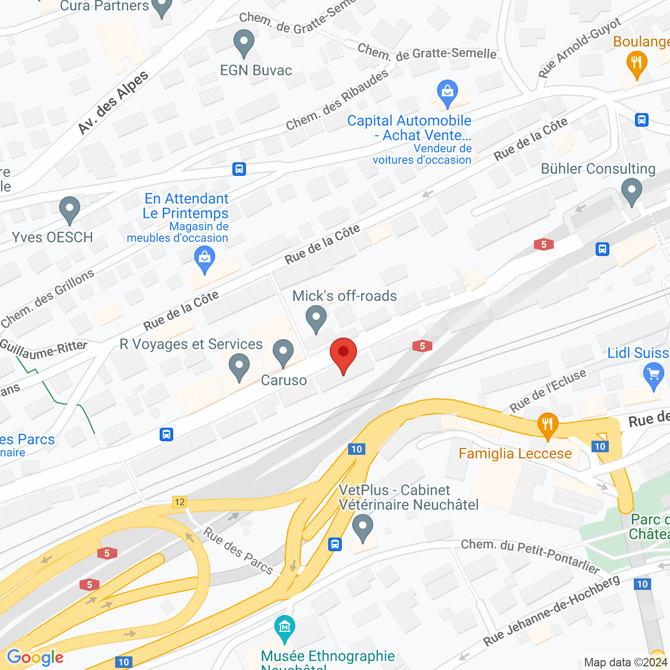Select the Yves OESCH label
52,237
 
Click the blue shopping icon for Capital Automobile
447,92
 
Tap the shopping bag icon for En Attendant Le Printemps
205,259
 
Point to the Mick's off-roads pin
316,318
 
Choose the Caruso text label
284,380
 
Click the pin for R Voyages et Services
239,366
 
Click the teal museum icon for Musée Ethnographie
284,628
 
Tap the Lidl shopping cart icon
653,375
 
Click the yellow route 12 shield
180,502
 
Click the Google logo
35,657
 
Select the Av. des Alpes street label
113,103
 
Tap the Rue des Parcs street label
238,551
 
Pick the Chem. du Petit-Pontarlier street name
530,555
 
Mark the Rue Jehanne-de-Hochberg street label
551,610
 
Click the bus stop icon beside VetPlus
335,544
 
